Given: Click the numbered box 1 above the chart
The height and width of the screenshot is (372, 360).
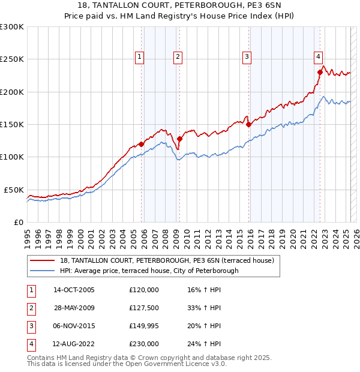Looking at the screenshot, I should (x=139, y=57).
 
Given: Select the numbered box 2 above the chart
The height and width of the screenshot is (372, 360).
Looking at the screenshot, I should (x=178, y=57).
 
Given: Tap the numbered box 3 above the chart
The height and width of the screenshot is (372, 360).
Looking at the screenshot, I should (x=247, y=57).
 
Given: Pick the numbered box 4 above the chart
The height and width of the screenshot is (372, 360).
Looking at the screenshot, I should (x=318, y=57).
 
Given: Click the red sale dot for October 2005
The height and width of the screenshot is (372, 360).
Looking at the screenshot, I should (x=141, y=144).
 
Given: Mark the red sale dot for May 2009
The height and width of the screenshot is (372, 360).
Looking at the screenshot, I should (x=179, y=139).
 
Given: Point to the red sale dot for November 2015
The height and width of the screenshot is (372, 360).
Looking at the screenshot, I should (x=248, y=125).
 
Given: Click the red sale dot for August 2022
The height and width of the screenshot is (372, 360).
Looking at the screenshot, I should (x=320, y=73).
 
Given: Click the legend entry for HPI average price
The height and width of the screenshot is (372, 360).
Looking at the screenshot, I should (x=149, y=271).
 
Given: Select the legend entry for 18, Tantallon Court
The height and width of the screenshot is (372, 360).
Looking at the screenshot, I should (x=167, y=260).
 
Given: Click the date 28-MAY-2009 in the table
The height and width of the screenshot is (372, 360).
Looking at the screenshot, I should (x=74, y=308).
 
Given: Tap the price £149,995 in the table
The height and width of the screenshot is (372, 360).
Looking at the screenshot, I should (x=144, y=326).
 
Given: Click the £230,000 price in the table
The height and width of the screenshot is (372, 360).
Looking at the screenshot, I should (x=144, y=344).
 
